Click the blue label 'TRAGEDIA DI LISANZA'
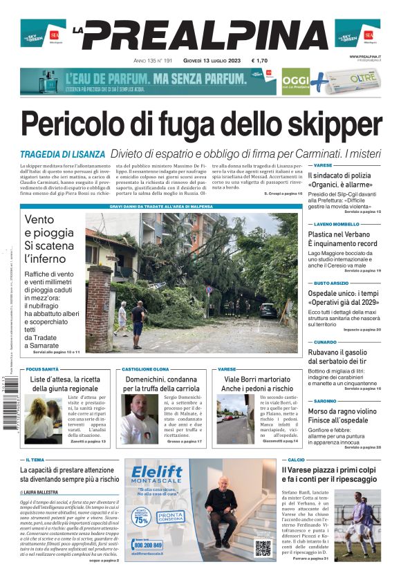62,154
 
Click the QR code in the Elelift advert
263,548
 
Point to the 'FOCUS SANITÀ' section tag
43,370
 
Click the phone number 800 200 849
150,545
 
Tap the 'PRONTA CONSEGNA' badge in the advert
170,516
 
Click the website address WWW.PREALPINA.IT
365,57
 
